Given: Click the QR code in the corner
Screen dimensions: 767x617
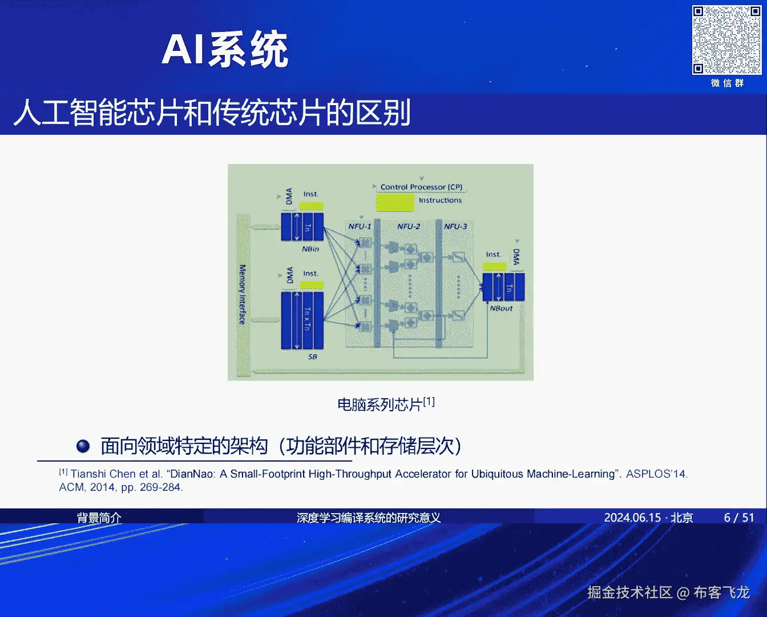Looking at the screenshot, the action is (726, 40).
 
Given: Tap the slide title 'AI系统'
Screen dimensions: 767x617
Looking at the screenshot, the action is (225, 50).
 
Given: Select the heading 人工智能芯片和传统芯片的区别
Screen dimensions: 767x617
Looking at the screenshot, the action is (212, 113).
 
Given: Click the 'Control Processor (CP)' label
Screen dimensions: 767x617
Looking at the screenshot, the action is (421, 187).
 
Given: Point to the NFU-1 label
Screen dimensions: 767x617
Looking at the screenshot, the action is (360, 226).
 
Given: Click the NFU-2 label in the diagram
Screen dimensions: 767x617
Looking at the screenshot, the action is (409, 226).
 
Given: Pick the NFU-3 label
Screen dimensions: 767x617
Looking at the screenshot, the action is (455, 226).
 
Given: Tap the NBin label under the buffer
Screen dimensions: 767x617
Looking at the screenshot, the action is (310, 249).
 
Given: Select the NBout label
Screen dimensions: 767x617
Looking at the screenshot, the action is (501, 308).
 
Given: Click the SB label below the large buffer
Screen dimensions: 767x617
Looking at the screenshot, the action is (312, 356).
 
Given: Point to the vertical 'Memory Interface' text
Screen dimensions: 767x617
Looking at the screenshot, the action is (242, 294).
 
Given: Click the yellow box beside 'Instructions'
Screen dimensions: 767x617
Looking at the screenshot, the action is (395, 203).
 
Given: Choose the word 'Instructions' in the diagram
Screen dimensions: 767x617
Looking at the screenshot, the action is (440, 201).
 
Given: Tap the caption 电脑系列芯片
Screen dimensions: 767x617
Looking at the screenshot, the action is (380, 404).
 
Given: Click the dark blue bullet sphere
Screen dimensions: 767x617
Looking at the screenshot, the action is (83, 446).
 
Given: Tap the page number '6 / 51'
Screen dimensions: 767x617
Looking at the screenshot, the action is (739, 518).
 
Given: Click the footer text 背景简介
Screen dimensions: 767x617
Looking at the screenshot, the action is (99, 518).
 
